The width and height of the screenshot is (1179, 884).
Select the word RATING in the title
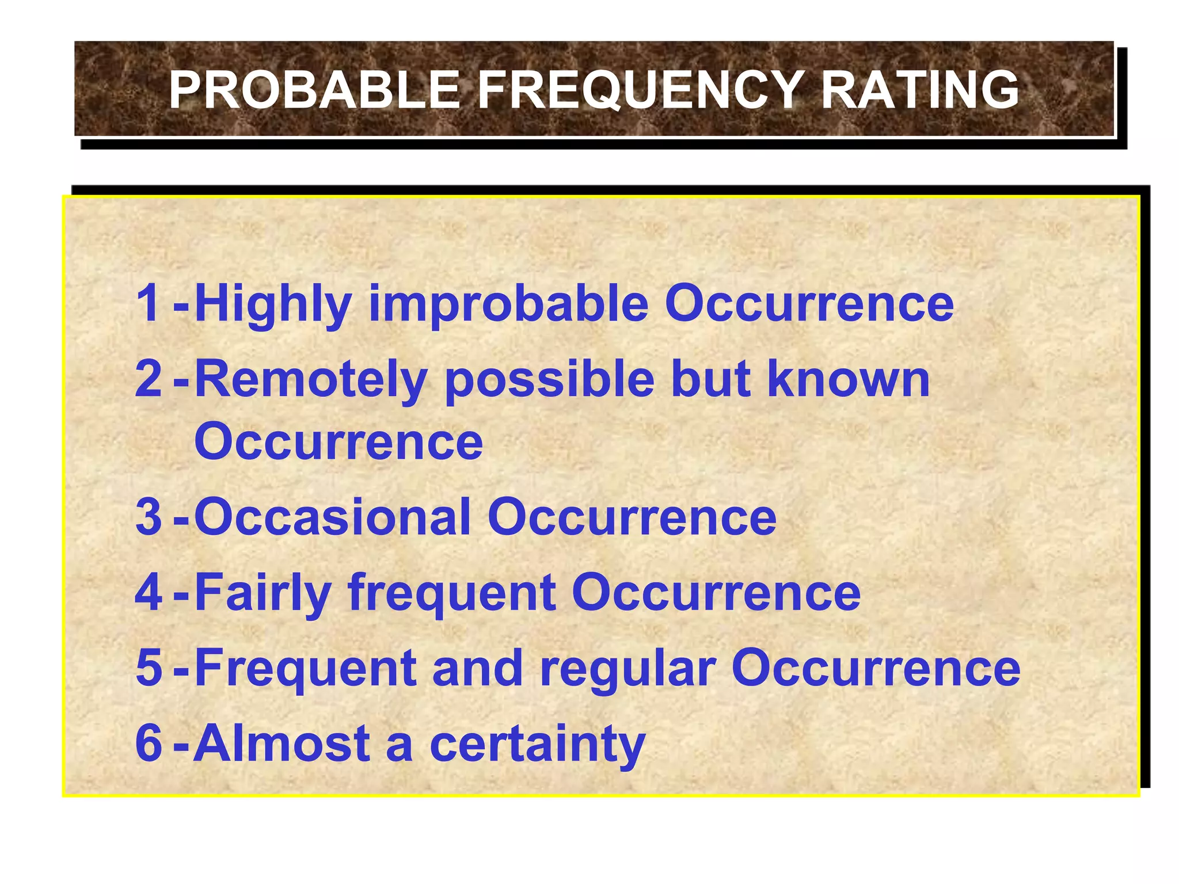919,90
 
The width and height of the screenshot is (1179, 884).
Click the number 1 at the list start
149,303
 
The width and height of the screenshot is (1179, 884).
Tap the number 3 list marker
149,517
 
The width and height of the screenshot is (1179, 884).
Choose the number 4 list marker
149,592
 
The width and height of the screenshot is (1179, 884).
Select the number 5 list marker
149,668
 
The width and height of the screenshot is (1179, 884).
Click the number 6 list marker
149,743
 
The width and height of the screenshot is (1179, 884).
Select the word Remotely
311,380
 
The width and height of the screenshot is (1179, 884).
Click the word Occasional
333,517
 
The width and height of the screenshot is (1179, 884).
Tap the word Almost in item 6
282,743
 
